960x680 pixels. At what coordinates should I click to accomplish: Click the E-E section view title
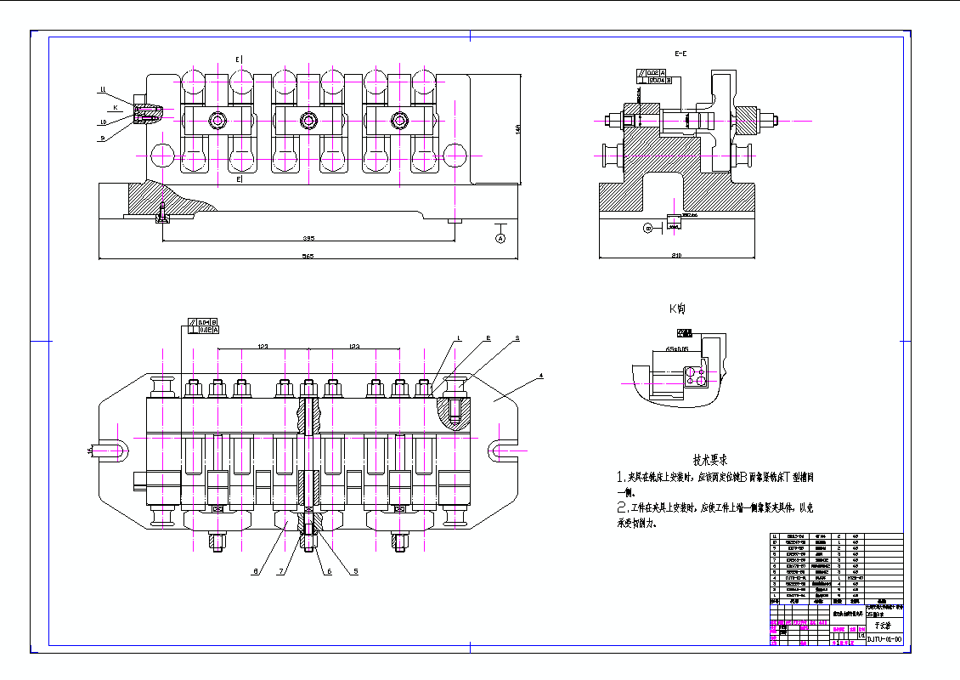coord(680,54)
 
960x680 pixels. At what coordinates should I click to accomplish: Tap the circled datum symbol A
coord(501,239)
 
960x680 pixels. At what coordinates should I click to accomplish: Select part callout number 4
coord(540,375)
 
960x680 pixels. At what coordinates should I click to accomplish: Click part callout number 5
coord(355,571)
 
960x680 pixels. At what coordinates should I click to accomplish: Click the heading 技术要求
coord(710,459)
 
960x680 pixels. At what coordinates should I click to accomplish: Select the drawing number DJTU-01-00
coord(884,637)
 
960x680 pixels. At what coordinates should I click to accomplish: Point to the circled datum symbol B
coord(647,227)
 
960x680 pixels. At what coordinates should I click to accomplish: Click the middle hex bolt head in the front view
coord(310,122)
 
